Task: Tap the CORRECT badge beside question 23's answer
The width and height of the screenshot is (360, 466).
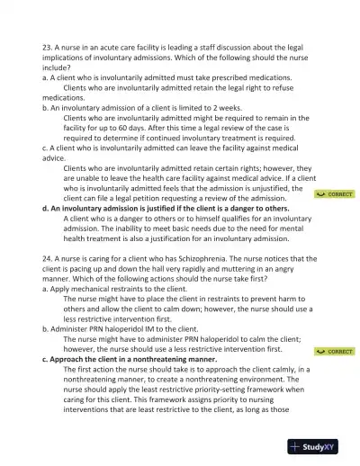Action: tap(334, 194)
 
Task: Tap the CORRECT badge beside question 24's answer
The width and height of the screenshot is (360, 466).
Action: tap(334, 352)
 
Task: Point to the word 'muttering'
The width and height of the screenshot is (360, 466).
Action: tap(229, 268)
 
